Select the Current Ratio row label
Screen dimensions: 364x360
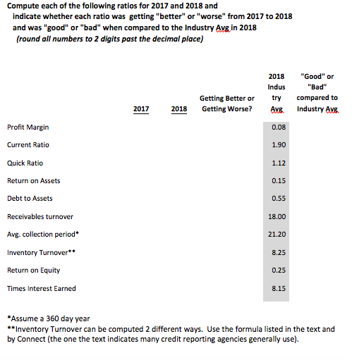(x=28, y=145)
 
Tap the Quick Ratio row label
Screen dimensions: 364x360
(x=25, y=163)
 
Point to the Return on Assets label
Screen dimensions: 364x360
(x=33, y=181)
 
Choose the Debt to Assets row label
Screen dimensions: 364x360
(x=30, y=199)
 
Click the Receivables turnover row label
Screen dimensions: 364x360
(x=40, y=216)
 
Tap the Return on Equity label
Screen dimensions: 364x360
(x=33, y=270)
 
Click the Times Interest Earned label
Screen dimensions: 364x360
(x=41, y=288)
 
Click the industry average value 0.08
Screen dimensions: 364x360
(x=278, y=128)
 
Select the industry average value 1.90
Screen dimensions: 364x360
(x=278, y=145)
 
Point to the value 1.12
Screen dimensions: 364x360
(x=278, y=163)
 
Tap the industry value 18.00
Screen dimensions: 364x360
(x=278, y=216)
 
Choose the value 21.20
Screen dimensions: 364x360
(x=278, y=235)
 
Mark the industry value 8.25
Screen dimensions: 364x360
(x=278, y=252)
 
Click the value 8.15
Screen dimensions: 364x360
(x=278, y=288)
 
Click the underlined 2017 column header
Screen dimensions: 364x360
(x=141, y=110)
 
